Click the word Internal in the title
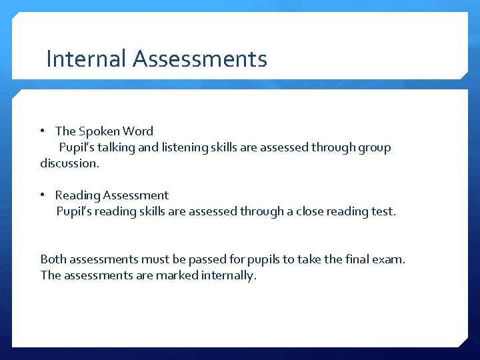[x=86, y=59]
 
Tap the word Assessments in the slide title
[x=200, y=59]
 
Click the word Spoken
[x=99, y=131]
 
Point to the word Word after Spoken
[x=138, y=131]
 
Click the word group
[x=373, y=147]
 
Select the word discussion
[x=69, y=163]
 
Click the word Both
[x=53, y=259]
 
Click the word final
[x=360, y=259]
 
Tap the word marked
[x=176, y=275]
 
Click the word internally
[x=229, y=275]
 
